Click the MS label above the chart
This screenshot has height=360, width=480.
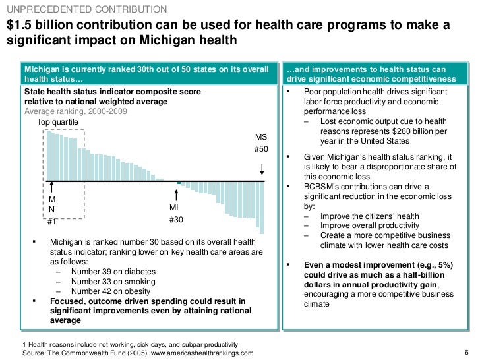[x=262, y=138]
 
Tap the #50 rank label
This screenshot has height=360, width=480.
[x=262, y=150]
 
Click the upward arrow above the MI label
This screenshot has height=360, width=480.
[x=176, y=195]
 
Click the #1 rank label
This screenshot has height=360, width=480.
[x=52, y=222]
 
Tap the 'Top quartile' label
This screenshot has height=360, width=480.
[x=57, y=123]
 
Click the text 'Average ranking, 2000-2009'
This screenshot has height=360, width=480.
[x=72, y=112]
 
